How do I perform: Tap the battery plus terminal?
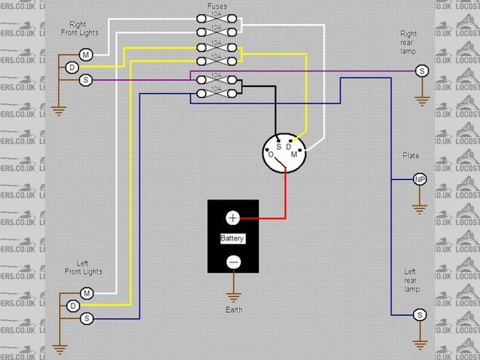coord(232,217)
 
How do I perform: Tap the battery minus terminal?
coord(232,262)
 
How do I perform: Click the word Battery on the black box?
coord(232,238)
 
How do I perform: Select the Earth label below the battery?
coord(232,310)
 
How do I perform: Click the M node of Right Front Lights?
coord(86,55)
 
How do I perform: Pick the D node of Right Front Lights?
coord(72,67)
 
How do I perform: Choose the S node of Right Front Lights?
coord(86,79)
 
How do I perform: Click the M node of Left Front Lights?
coord(86,292)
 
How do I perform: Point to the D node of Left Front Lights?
coord(72,306)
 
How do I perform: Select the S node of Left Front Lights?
coord(86,319)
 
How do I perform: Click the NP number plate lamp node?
coord(420,180)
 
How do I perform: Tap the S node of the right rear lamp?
coord(421,70)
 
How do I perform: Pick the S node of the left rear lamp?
coord(420,315)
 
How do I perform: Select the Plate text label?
coord(411,156)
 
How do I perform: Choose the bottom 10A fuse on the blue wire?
coord(216,93)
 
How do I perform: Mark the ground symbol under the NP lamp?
coord(420,208)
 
